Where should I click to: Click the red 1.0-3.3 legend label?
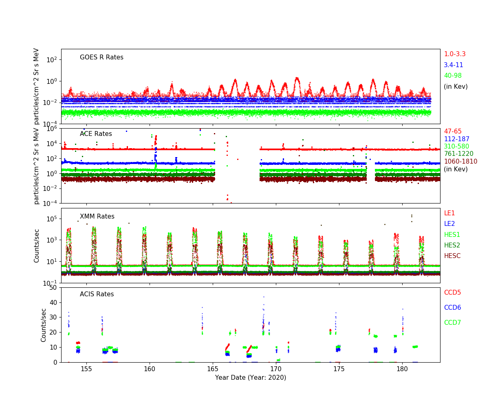[454, 54]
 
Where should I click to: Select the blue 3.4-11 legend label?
[453, 65]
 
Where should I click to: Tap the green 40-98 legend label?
[452, 76]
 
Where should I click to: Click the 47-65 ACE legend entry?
[452, 131]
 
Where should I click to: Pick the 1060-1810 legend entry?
[460, 162]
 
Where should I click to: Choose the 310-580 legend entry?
[456, 147]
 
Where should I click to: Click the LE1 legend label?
[449, 213]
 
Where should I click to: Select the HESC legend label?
[452, 256]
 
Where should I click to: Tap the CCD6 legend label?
[452, 308]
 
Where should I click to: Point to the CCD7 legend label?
[452, 323]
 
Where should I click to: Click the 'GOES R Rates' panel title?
[101, 57]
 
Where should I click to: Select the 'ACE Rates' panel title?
[96, 134]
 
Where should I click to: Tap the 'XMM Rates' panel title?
[97, 217]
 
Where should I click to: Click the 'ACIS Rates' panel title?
[97, 294]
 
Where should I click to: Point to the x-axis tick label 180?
[402, 369]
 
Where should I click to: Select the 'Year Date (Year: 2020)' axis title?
[251, 378]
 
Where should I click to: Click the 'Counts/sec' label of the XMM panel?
[37, 245]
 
